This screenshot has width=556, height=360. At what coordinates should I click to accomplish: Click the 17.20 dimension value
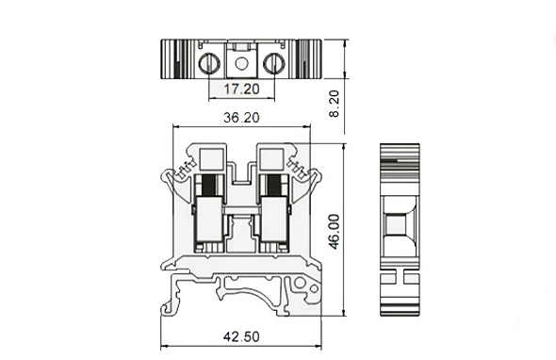(x=241, y=89)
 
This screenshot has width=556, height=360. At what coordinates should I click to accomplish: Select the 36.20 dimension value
(x=241, y=118)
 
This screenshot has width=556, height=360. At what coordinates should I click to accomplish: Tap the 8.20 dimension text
(x=334, y=104)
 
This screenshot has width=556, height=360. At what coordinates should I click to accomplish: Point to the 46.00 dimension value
(x=334, y=232)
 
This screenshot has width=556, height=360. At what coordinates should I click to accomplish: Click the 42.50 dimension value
(x=241, y=336)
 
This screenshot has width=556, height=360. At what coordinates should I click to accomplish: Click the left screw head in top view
(x=209, y=63)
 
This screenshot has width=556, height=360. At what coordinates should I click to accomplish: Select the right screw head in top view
(x=274, y=63)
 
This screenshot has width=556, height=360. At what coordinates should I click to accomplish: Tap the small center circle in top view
(x=241, y=64)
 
